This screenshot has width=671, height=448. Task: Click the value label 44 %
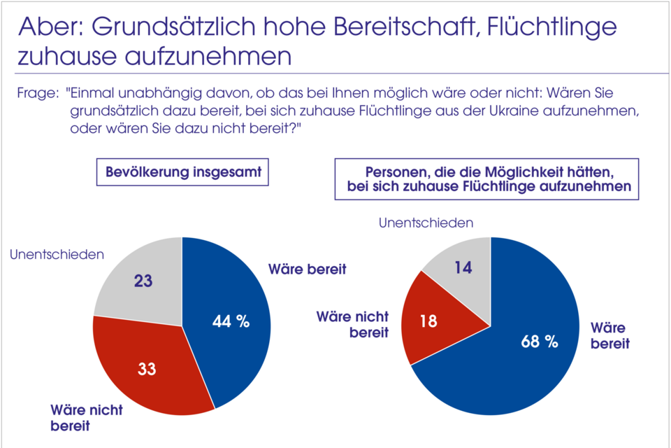[x=231, y=321]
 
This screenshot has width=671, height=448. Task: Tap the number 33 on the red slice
[x=146, y=369]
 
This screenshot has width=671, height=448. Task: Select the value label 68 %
[x=540, y=342]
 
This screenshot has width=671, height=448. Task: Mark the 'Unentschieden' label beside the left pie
[x=57, y=254]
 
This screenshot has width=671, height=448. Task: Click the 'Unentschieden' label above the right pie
[x=426, y=223]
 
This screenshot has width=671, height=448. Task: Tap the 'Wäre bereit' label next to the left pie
[x=308, y=269]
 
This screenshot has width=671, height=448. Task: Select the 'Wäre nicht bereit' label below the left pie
[x=85, y=417]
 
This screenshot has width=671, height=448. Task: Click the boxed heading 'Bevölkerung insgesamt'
[x=182, y=172]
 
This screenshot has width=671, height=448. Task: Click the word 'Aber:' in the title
[x=48, y=27]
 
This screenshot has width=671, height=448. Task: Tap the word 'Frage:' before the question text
[x=37, y=92]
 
